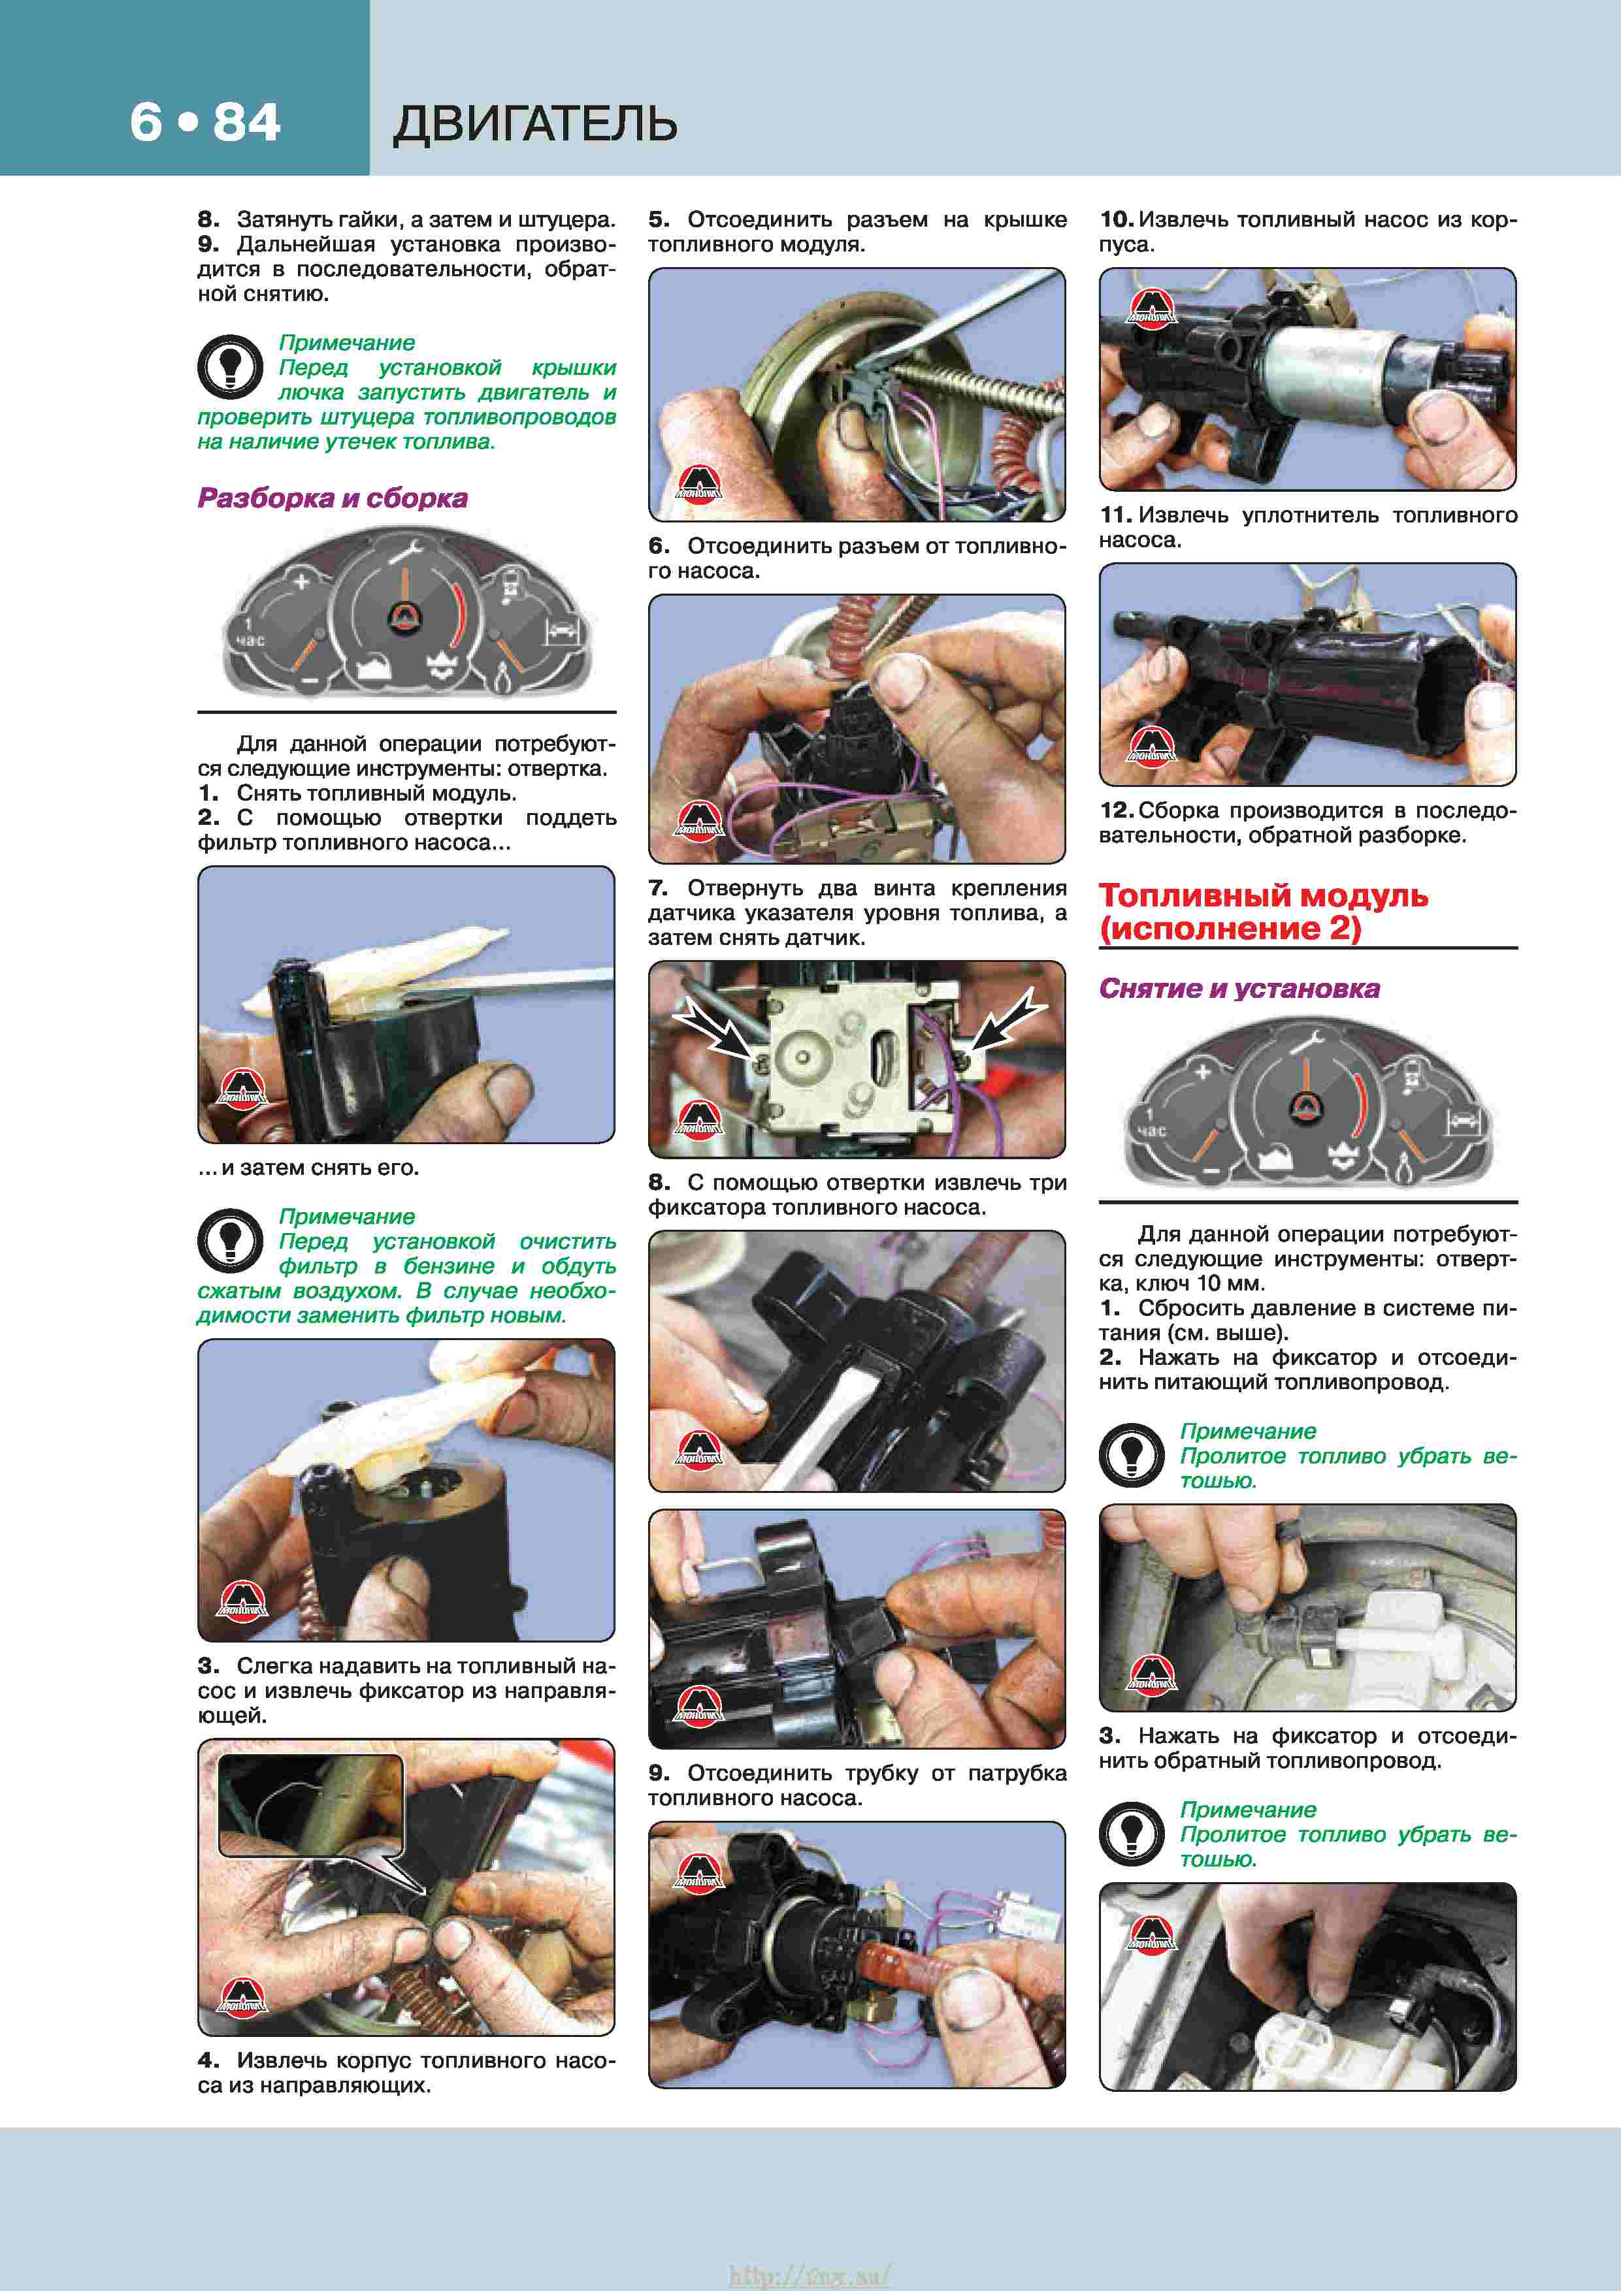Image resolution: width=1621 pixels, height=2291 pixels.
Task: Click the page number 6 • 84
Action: tap(205, 123)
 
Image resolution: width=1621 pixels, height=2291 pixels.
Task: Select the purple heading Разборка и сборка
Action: tap(333, 498)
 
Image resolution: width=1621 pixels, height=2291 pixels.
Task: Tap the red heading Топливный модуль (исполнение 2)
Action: tap(1264, 912)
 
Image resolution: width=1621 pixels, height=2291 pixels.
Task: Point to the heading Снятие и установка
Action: tap(1239, 988)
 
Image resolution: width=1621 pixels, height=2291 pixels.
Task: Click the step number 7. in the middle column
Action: tap(658, 888)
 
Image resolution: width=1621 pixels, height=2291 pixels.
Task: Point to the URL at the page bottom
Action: tap(810, 2274)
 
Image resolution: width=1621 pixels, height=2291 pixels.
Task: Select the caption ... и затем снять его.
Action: tap(308, 1168)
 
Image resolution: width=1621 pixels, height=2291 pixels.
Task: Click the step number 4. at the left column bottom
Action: tap(208, 2060)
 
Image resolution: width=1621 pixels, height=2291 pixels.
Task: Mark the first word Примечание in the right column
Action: tap(1248, 1431)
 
